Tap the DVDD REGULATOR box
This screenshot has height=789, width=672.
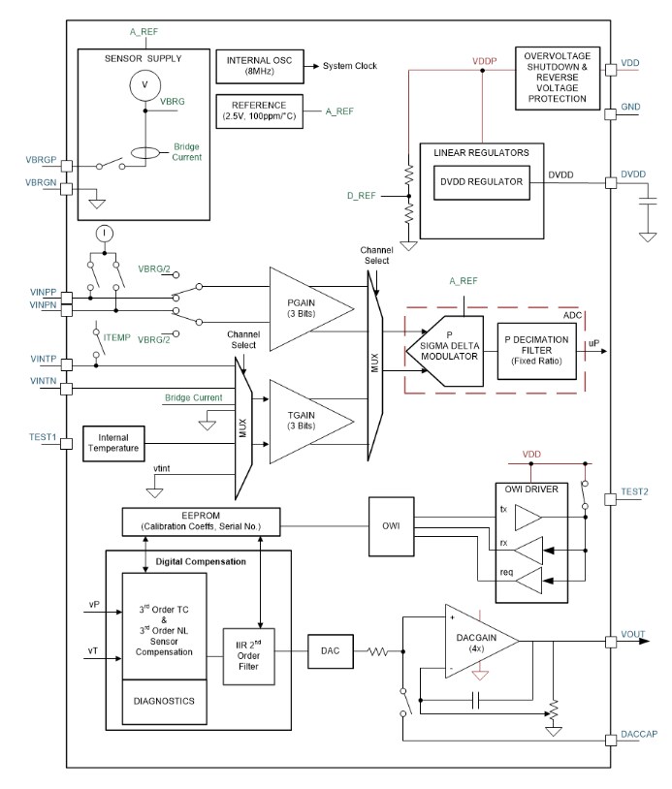point(482,181)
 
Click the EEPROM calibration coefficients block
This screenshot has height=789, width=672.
point(199,521)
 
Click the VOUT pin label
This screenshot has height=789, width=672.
point(634,640)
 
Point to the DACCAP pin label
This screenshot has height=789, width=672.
point(638,735)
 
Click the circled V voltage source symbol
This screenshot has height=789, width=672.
point(144,86)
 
